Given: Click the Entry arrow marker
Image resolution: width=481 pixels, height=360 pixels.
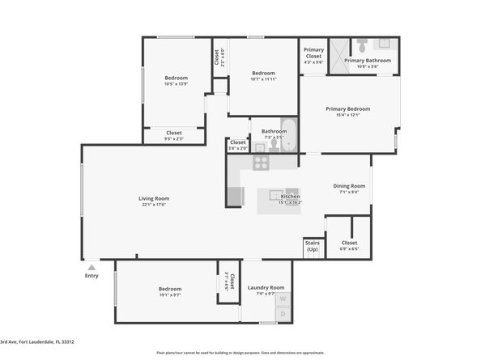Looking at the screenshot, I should point(92,266).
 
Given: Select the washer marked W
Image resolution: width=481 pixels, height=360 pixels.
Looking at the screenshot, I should point(283,299).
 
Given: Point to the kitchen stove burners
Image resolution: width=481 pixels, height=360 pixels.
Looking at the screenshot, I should point(261,163).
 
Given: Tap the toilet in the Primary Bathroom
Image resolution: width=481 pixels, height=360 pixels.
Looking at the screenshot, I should point(362,46).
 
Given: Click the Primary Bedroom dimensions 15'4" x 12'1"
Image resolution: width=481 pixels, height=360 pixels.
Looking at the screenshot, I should point(348,115).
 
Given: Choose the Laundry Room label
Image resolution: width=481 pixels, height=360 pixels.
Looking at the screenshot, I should point(266,287).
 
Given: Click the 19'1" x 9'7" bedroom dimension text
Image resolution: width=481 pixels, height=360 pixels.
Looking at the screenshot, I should point(170,295).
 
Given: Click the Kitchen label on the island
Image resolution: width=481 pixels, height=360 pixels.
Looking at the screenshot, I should point(290,197).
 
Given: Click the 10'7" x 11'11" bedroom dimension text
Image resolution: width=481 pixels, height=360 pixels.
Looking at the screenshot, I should point(263,79).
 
